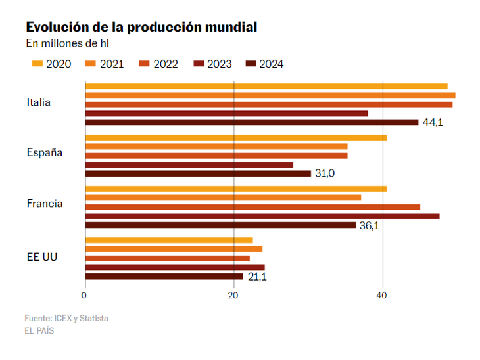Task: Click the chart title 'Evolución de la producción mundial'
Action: coord(141,27)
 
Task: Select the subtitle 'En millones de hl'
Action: coord(67,44)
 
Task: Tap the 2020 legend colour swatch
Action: coord(37,64)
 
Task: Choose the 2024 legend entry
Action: coord(264,64)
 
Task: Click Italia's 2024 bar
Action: coord(252,122)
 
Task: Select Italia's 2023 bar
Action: coord(226,113)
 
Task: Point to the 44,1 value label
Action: coord(432,123)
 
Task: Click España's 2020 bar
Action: coord(235,137)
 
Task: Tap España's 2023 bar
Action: coord(189,165)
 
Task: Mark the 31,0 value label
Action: coord(325,173)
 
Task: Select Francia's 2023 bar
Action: coord(262,215)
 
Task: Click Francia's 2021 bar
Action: coord(223,198)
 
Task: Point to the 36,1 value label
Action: coord(369,225)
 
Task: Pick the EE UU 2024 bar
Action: coord(164,276)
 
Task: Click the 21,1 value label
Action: coord(257,277)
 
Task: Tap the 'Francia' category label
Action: coord(45,204)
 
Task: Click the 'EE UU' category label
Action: coord(42,256)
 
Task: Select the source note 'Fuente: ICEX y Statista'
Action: coord(66,318)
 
